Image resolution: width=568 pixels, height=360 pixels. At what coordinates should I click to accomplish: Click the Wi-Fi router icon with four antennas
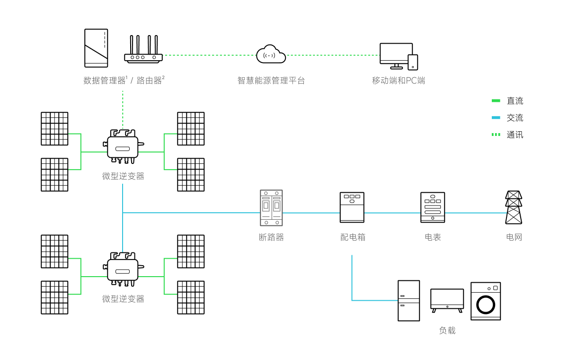143,52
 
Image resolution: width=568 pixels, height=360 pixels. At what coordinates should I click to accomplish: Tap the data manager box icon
96,48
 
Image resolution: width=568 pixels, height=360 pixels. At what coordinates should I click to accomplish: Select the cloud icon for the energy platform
271,54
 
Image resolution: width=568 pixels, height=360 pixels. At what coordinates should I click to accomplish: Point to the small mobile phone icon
413,62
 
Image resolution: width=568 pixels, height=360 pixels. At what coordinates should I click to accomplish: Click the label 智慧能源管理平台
271,81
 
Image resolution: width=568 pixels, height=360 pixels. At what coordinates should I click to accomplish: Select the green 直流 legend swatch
496,101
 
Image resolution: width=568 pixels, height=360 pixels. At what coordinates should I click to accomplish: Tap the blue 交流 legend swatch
496,118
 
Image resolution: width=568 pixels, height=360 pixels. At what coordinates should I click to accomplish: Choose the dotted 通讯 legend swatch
496,135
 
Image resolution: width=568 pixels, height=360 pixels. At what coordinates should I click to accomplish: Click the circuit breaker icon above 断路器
271,208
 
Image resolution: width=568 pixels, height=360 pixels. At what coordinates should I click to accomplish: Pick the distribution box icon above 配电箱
352,207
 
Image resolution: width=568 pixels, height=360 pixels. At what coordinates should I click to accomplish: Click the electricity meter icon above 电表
433,207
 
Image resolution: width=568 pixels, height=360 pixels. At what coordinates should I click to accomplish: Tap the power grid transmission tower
514,207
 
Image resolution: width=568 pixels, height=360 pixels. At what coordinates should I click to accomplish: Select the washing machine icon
486,301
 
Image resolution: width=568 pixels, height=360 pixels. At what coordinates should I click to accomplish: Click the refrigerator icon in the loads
408,301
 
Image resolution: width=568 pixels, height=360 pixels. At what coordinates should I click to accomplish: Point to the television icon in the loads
447,300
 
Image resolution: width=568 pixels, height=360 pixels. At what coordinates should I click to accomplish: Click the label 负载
447,331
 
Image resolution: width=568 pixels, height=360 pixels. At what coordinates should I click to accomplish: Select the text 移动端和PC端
399,81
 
